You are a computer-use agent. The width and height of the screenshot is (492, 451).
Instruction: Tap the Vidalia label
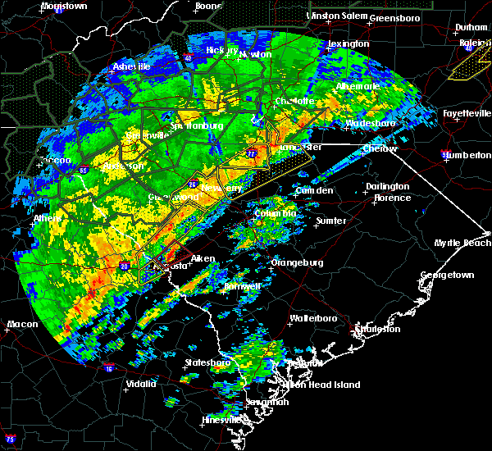(x=141, y=384)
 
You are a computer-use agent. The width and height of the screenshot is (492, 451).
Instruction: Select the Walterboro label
(x=312, y=318)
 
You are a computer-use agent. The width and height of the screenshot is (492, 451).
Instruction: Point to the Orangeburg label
(x=298, y=263)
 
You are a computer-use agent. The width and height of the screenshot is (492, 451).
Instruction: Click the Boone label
(x=207, y=6)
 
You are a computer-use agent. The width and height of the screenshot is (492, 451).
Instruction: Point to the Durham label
(x=471, y=27)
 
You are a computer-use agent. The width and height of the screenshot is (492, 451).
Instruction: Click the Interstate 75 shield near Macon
(x=9, y=440)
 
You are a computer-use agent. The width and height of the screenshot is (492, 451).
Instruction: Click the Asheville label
(x=132, y=66)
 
